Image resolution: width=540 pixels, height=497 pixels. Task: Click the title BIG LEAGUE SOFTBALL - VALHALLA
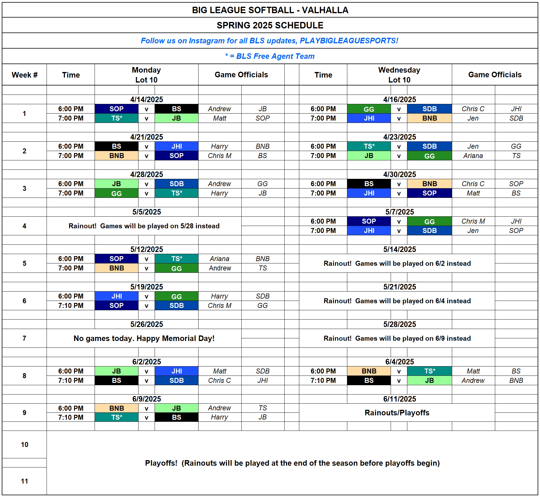tap(270, 10)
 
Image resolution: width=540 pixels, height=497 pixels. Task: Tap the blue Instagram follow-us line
tap(269, 41)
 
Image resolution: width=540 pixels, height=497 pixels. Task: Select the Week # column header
tap(25, 75)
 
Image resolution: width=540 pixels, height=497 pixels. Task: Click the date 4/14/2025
tap(146, 100)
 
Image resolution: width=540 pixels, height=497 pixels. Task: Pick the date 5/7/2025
tap(399, 212)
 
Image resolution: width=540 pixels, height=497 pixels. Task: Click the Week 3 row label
tap(25, 188)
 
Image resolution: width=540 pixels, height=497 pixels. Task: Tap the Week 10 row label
tap(25, 445)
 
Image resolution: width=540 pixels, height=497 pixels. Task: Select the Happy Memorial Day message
tap(144, 338)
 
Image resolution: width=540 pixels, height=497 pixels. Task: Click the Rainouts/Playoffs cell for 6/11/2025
tap(397, 413)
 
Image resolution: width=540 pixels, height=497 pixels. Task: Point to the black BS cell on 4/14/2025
tap(176, 109)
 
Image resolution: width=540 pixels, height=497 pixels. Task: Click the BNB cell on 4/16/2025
tap(429, 118)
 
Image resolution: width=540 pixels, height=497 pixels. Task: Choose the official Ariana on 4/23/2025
tap(473, 156)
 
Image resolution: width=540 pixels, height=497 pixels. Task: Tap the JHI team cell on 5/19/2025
tap(117, 296)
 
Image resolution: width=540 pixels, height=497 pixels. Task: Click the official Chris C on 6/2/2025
tap(219, 381)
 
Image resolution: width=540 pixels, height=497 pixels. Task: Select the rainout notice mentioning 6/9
tap(397, 338)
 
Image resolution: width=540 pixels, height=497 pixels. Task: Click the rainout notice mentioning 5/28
tap(144, 226)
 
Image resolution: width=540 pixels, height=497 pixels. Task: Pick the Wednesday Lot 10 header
tap(399, 75)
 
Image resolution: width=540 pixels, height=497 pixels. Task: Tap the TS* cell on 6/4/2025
tap(429, 371)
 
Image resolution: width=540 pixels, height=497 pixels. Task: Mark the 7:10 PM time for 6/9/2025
tap(71, 417)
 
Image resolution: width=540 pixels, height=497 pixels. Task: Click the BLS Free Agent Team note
tap(269, 56)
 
